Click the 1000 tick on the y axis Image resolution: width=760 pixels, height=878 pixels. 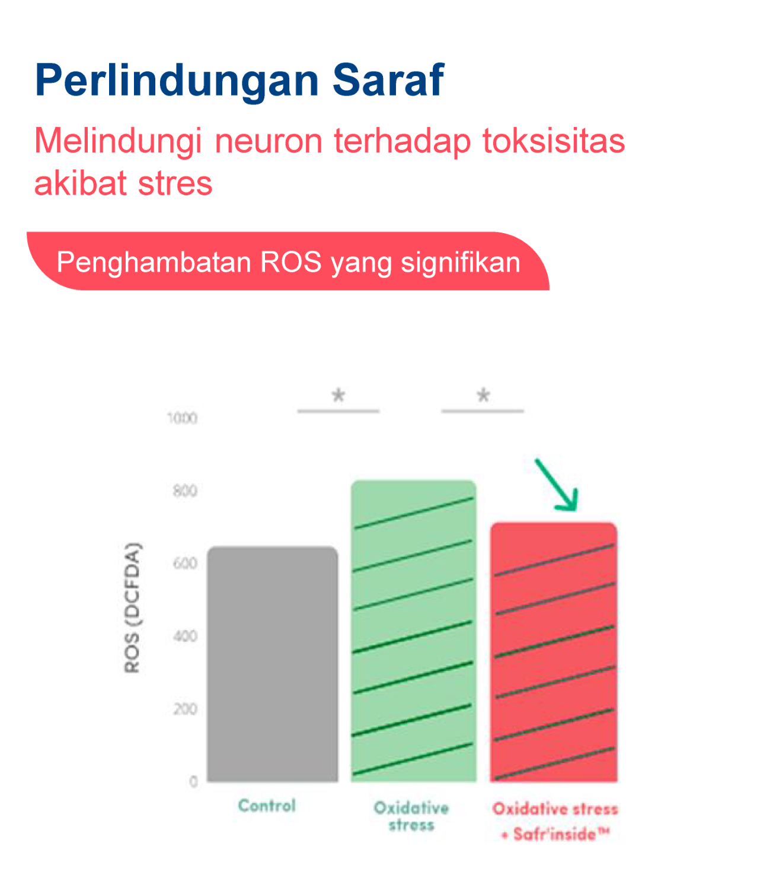(182, 418)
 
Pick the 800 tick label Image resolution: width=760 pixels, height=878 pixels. (185, 491)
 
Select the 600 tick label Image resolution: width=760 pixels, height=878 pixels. (185, 563)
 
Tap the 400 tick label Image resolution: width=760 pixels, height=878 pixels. (185, 636)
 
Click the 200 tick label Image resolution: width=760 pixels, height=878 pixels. (185, 709)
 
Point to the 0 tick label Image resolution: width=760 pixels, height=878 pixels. (194, 781)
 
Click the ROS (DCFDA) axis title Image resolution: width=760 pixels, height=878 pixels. (132, 607)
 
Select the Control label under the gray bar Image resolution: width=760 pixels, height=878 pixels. (267, 806)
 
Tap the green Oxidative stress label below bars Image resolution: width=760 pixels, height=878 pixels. (411, 816)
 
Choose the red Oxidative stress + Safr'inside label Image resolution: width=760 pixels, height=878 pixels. (555, 821)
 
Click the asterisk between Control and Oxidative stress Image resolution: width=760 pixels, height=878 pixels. (339, 395)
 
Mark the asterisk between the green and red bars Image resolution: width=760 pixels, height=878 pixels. (483, 395)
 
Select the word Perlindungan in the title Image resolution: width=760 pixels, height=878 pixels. (177, 81)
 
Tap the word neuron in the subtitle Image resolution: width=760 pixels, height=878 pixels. (269, 141)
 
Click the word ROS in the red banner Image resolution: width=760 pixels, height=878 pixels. (291, 262)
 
